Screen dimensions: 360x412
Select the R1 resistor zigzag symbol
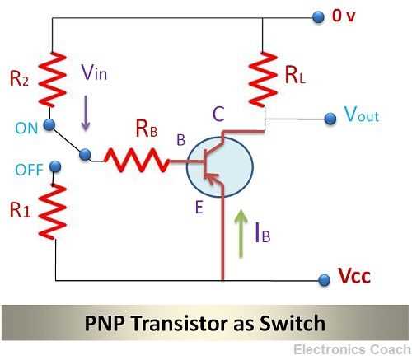(54, 210)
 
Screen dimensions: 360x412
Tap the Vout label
(362, 115)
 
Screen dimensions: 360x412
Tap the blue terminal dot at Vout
(330, 119)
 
